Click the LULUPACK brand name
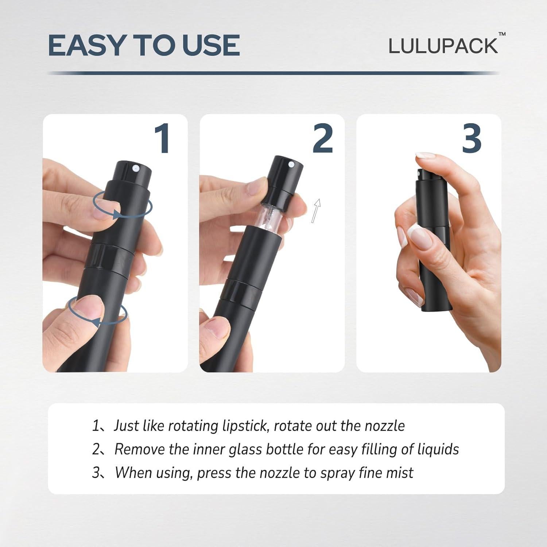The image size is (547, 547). point(443,46)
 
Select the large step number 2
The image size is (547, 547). point(322,139)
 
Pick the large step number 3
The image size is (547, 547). point(471,139)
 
